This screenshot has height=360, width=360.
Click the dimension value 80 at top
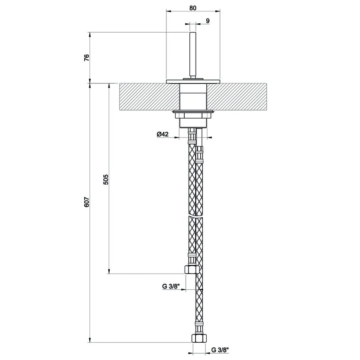(x=193, y=8)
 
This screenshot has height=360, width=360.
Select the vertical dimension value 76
(x=86, y=58)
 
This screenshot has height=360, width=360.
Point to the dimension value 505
(x=106, y=180)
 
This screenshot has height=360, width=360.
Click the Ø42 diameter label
(x=163, y=134)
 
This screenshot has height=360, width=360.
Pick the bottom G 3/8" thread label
(x=220, y=350)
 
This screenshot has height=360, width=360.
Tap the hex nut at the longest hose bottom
(x=197, y=338)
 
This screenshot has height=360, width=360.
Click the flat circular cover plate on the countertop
(x=193, y=81)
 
